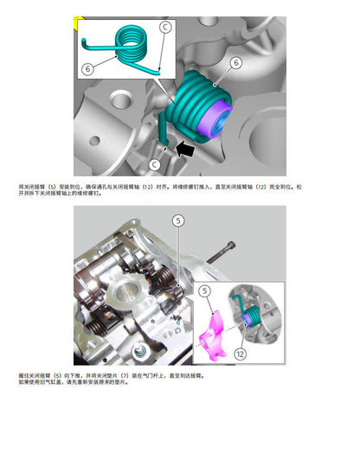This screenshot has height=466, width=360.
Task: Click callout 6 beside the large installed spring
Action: (235, 63)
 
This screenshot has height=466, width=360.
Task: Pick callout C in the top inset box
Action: (166, 27)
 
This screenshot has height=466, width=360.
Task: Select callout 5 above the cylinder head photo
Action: (178, 220)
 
